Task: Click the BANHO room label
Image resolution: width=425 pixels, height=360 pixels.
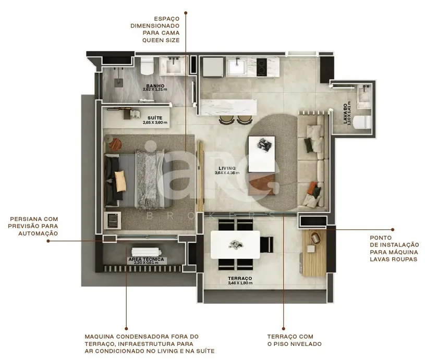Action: (155, 86)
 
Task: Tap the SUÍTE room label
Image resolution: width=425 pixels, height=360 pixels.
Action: (155, 118)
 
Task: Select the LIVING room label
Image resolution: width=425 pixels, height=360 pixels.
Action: (227, 168)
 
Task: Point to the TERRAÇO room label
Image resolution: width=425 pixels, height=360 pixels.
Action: (240, 278)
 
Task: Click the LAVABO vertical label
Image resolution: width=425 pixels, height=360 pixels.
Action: (345, 114)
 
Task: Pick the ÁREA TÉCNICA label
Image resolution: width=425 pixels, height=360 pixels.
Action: (146, 259)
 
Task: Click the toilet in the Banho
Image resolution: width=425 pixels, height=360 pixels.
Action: (147, 66)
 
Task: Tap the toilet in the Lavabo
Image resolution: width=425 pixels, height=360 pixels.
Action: (362, 122)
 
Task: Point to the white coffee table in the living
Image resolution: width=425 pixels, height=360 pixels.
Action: (262, 154)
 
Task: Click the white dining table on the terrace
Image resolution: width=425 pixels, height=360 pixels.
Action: (235, 245)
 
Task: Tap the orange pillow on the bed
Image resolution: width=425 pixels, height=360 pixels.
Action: (120, 181)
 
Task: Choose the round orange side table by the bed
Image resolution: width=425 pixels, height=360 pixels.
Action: (115, 144)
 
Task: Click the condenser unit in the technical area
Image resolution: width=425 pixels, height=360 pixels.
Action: (147, 252)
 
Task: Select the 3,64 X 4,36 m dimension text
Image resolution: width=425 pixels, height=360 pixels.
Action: (227, 173)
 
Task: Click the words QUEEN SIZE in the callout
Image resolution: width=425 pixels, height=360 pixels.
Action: (161, 40)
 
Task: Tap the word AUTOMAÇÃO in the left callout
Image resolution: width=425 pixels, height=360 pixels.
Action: (38, 233)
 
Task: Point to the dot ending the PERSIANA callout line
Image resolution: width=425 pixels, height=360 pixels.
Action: (48, 241)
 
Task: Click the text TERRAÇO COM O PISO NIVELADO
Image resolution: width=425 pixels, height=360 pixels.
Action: (294, 340)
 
